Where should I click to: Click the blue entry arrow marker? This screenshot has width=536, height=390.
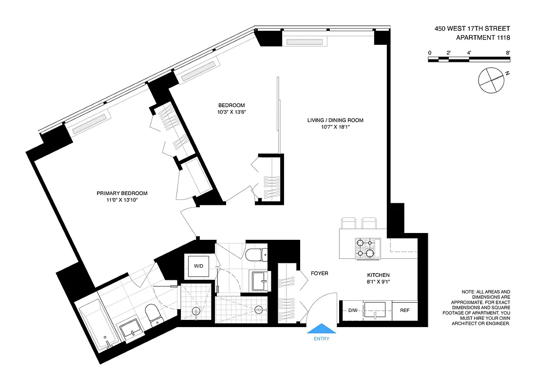321,329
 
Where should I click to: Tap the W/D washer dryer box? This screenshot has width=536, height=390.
199,266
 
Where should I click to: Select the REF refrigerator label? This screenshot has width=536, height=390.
404,311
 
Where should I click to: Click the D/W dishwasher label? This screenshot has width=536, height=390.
353,311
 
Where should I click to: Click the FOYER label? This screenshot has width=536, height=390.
320,273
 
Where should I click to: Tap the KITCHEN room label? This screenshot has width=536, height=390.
379,275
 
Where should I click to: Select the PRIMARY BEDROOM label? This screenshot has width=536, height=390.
122,194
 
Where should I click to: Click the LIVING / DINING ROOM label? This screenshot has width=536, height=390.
335,120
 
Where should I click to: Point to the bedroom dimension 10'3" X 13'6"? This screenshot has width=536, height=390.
231,112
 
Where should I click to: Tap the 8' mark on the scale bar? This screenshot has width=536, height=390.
508,53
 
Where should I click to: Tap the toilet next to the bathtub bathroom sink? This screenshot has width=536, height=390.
153,314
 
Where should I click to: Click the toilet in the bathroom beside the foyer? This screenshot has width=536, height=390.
256,255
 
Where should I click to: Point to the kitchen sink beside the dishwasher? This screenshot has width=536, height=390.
375,310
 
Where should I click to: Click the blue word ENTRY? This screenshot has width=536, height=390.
321,339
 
